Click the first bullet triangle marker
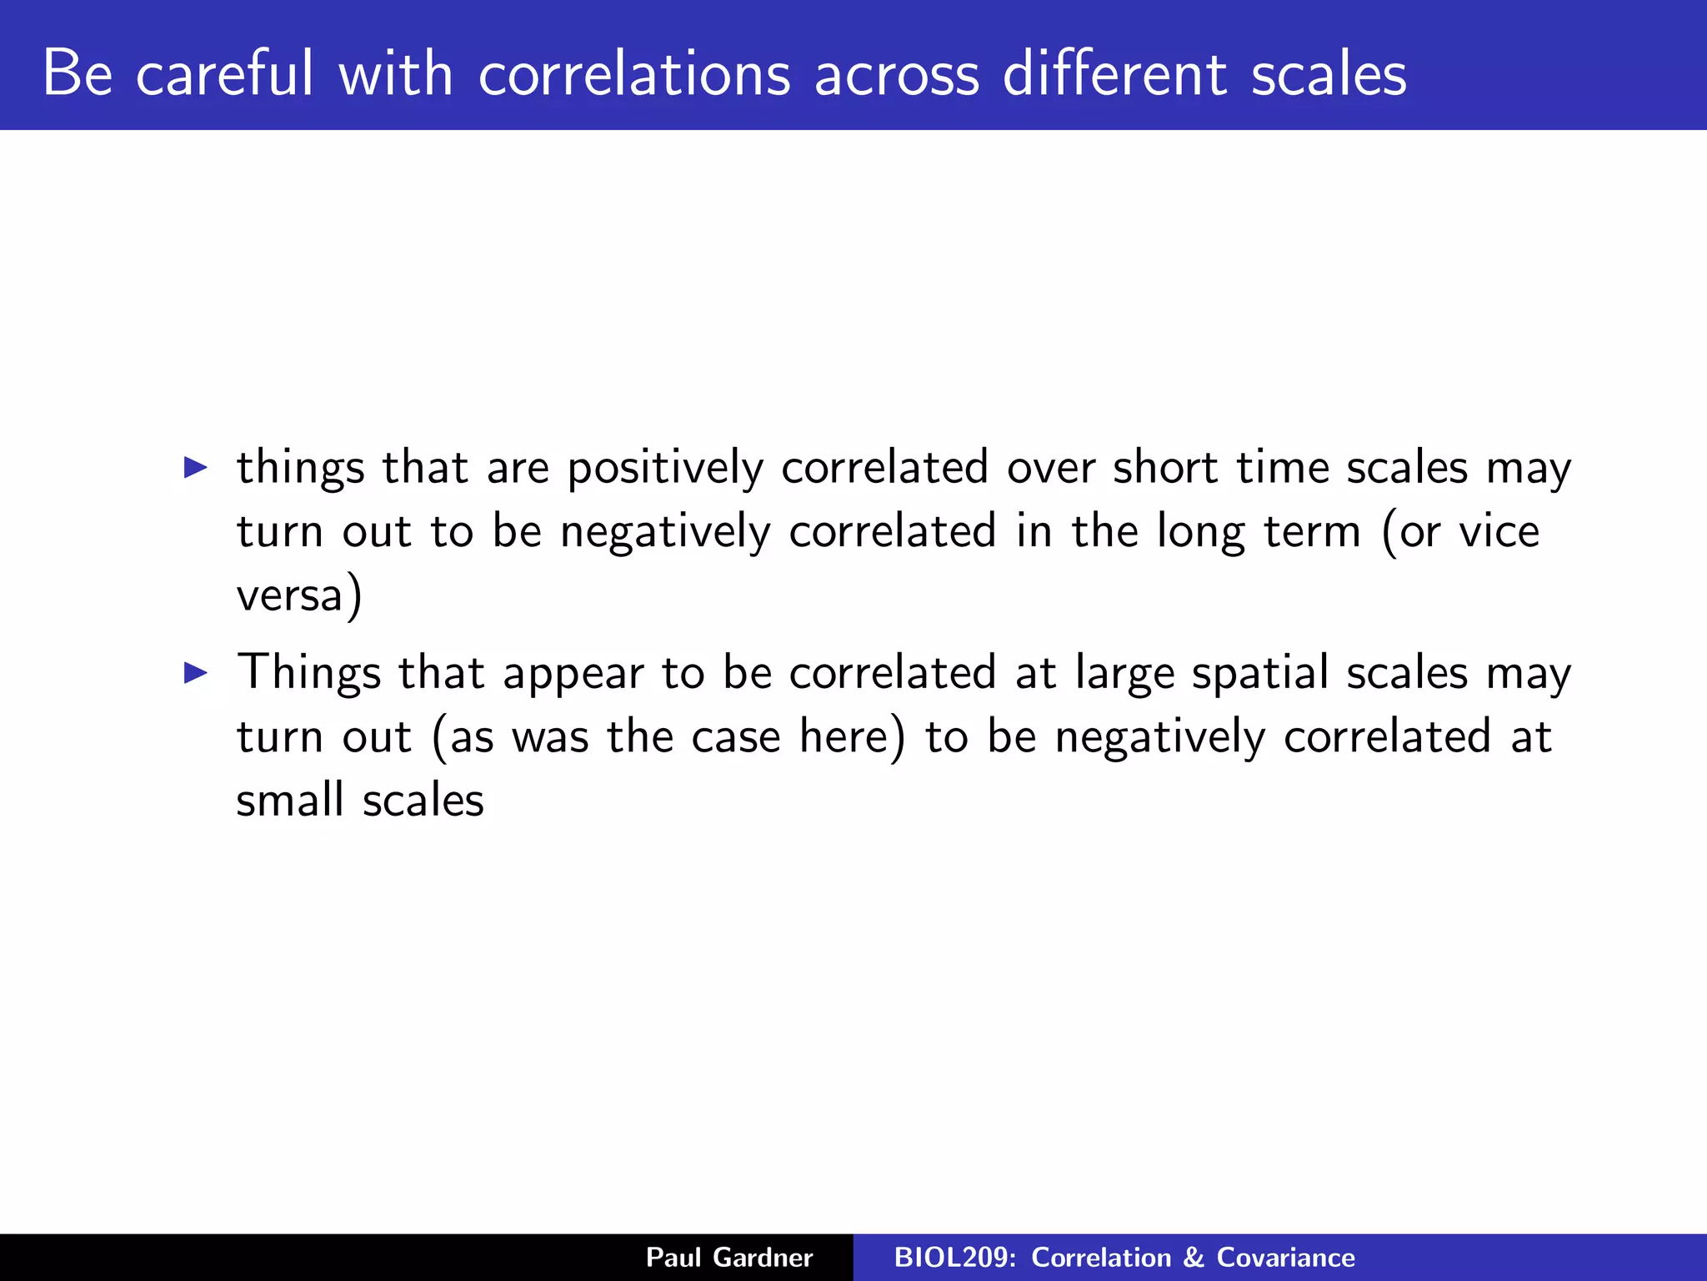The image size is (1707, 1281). [195, 467]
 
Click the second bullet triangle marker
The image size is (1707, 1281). [195, 672]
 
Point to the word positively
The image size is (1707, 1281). [664, 469]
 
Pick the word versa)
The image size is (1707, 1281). [299, 596]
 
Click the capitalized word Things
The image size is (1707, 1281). [308, 674]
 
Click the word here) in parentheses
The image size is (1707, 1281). [852, 737]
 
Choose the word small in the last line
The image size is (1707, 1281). [289, 801]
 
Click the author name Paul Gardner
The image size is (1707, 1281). [729, 1258]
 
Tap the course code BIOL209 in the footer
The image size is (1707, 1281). [952, 1258]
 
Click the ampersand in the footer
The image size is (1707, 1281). [1194, 1258]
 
